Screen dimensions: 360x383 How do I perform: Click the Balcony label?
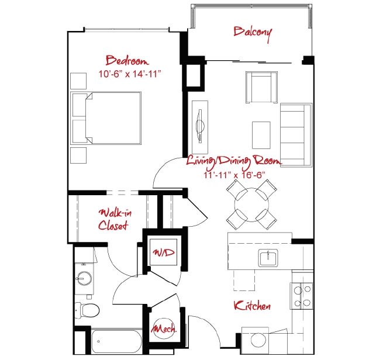[x=253, y=32]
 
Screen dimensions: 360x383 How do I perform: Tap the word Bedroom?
[x=127, y=60]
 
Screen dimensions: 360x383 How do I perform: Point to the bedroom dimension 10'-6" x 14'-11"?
[x=130, y=74]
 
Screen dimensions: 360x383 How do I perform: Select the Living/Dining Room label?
[x=233, y=160]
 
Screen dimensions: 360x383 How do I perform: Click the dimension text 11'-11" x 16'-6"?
[x=234, y=174]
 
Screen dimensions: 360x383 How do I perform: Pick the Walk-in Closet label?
[x=113, y=219]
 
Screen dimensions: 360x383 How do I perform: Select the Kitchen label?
[x=252, y=306]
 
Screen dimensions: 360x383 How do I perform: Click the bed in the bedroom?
[x=106, y=118]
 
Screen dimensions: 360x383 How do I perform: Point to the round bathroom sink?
[x=85, y=279]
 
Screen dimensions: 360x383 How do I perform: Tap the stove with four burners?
[x=302, y=295]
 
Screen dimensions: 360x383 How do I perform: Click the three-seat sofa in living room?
[x=296, y=134]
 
